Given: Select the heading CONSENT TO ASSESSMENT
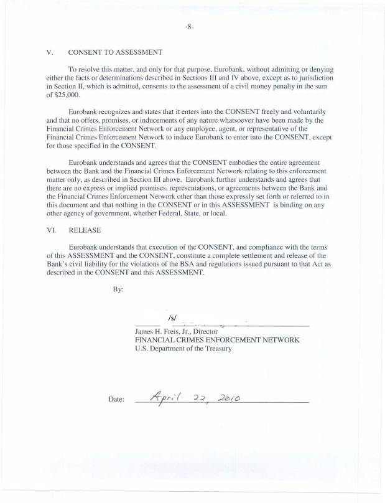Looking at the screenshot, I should [116, 52].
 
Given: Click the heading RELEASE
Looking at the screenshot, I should [85, 230].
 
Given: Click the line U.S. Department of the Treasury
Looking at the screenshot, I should [183, 349].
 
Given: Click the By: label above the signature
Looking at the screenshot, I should [118, 289].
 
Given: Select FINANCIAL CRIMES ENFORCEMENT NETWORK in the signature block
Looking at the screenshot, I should [217, 341].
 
